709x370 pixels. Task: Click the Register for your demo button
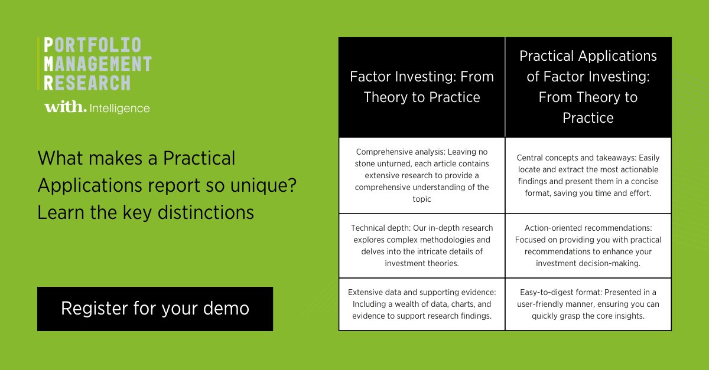click(155, 309)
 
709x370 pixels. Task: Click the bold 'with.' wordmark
click(64, 107)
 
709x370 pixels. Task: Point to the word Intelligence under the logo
click(120, 108)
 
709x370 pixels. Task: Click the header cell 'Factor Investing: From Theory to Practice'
click(422, 87)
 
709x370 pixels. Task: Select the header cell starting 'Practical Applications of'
click(588, 87)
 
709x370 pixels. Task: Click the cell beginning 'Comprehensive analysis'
click(422, 175)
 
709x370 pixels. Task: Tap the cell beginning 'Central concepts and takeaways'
click(588, 175)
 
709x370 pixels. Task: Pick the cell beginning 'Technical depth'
click(422, 245)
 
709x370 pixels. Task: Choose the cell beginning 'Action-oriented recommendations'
click(588, 245)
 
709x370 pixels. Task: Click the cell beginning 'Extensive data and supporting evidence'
click(422, 304)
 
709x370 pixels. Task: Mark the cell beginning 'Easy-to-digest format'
click(588, 304)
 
